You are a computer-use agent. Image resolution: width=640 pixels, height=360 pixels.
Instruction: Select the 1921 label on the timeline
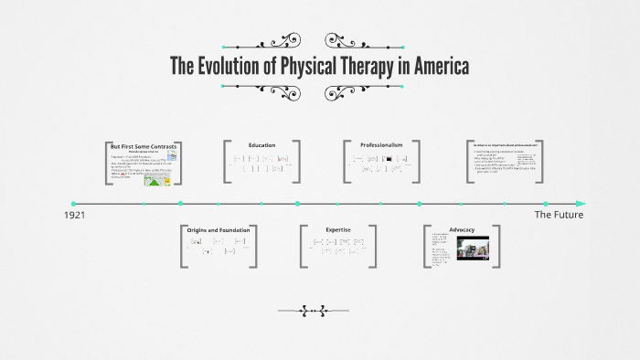coord(75,215)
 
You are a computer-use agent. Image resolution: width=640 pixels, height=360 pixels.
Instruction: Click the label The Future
coord(558,215)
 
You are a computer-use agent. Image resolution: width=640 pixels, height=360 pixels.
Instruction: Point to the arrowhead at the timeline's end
coord(581,203)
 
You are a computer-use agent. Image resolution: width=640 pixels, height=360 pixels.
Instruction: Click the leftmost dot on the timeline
coord(73,203)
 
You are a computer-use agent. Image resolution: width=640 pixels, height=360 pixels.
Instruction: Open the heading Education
coord(261,144)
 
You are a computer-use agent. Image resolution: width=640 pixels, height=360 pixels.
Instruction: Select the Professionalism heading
coord(382,144)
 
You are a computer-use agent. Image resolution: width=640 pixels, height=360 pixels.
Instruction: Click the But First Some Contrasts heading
coord(143,146)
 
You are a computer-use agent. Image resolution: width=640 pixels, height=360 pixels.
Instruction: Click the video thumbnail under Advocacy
coord(477,249)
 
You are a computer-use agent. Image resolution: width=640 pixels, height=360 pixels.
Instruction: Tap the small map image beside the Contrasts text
coord(172,156)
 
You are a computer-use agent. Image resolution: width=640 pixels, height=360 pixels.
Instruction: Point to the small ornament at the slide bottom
coord(319,311)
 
